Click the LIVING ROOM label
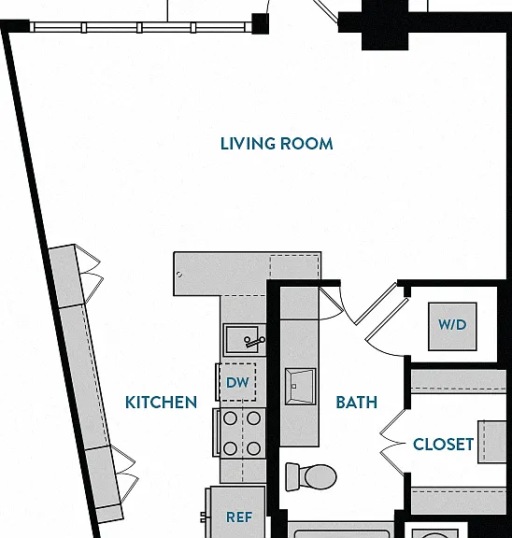[277, 144]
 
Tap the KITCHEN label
[161, 403]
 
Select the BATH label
[357, 403]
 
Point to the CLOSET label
[444, 445]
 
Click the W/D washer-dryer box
[452, 326]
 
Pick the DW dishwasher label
[237, 383]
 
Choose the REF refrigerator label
[239, 517]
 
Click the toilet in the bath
[311, 476]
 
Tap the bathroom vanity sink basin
[300, 387]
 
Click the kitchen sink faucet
[254, 342]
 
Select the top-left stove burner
[230, 418]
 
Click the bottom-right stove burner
[253, 448]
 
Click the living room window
[142, 27]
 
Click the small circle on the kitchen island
[179, 275]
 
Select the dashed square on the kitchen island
[295, 266]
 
